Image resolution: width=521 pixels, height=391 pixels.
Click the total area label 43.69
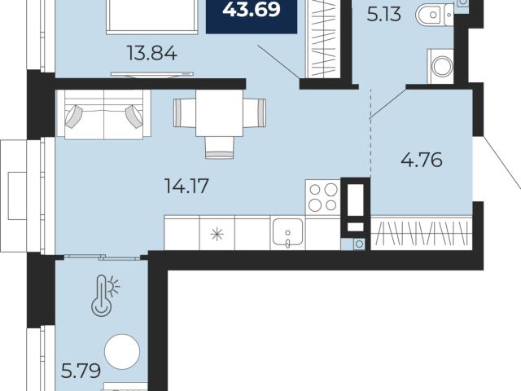coord(252,9)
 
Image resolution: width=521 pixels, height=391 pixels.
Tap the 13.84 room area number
coord(152,53)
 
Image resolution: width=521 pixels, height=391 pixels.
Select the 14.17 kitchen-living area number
coord(186,186)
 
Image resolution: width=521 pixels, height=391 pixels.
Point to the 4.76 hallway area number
coord(422,160)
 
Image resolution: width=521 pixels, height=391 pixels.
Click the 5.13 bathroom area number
coord(384,15)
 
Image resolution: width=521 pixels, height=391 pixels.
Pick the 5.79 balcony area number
coord(81,371)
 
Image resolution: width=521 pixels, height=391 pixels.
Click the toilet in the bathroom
coord(435,15)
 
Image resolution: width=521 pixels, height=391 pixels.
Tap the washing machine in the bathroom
coord(440,66)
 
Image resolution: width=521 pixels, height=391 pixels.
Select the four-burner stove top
coord(323,197)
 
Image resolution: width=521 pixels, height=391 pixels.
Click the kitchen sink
coord(287,232)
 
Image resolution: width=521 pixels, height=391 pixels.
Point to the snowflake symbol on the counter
coord(217,234)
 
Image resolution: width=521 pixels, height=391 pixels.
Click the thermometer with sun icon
coord(105,295)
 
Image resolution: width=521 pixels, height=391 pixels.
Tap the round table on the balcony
coord(122,351)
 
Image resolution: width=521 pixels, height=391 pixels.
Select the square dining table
coord(219,113)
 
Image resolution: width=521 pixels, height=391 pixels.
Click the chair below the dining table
coord(219,147)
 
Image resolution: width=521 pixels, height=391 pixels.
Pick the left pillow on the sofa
coord(73,116)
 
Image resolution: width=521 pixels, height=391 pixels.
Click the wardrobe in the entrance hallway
coord(422,232)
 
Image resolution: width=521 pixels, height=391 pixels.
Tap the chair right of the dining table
coord(255,113)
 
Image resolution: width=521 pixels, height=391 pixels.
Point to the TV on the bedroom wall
coord(152,74)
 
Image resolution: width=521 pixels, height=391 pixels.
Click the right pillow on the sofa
coord(134,116)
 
